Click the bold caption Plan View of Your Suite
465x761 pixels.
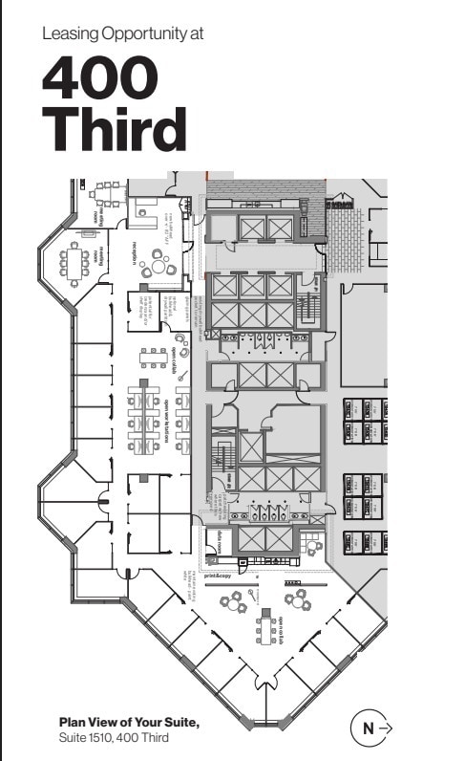click(129, 722)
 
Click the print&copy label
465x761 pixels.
click(217, 576)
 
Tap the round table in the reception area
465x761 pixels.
click(156, 259)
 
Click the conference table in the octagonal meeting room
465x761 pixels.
click(74, 259)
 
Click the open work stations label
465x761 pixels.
click(167, 421)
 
